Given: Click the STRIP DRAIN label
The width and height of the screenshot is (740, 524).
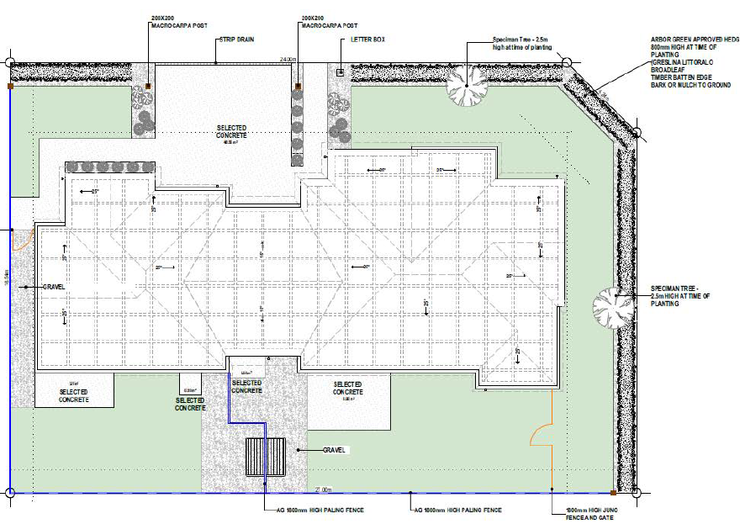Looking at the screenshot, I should point(236,39).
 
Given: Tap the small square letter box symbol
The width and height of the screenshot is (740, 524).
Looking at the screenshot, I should point(340,73).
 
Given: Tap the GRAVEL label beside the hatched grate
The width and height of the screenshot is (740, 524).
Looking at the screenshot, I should point(335,450).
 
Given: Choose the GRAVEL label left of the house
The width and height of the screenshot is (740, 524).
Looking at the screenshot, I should point(54,287).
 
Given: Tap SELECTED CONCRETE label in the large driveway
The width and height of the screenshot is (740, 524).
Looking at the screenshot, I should point(232,131).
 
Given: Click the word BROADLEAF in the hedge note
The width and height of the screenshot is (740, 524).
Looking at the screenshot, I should point(669,69).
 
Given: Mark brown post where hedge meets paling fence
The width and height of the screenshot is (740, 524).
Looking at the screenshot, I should point(611,492).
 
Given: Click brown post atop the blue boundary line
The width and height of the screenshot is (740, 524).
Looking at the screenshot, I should point(10,86).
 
